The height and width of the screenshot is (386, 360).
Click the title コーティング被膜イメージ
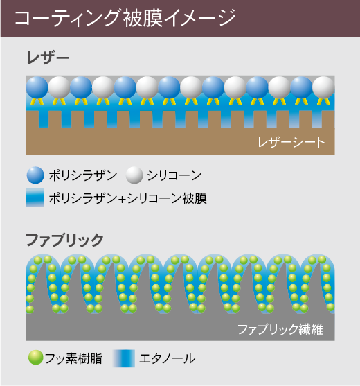coord(125,18)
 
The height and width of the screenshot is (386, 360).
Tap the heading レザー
coord(48,58)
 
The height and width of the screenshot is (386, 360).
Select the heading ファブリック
coord(64,240)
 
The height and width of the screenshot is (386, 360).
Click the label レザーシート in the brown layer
coord(291,142)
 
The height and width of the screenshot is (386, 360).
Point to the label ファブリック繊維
coord(280,329)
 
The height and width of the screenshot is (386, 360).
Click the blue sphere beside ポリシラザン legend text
coord(35,175)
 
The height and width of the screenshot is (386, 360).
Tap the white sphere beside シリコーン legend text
coord(134,175)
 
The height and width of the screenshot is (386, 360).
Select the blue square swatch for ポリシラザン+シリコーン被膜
coord(35,198)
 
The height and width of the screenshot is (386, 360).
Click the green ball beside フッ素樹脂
coord(36,358)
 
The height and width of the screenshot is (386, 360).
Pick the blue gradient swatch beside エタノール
coord(124,358)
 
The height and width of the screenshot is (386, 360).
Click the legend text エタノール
coord(168,358)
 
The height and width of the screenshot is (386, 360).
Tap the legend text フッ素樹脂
coord(74,358)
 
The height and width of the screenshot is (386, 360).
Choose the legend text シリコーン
coord(174,176)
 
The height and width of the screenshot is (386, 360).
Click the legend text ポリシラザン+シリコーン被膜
coord(128,198)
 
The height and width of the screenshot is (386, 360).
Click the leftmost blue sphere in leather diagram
coord(37,87)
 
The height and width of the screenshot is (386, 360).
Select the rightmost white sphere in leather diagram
coord(323,87)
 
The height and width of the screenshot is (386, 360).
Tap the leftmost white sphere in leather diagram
coord(59,87)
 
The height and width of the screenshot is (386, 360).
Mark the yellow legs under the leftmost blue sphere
coord(37,102)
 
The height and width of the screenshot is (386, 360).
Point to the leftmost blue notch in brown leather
coord(44,119)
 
